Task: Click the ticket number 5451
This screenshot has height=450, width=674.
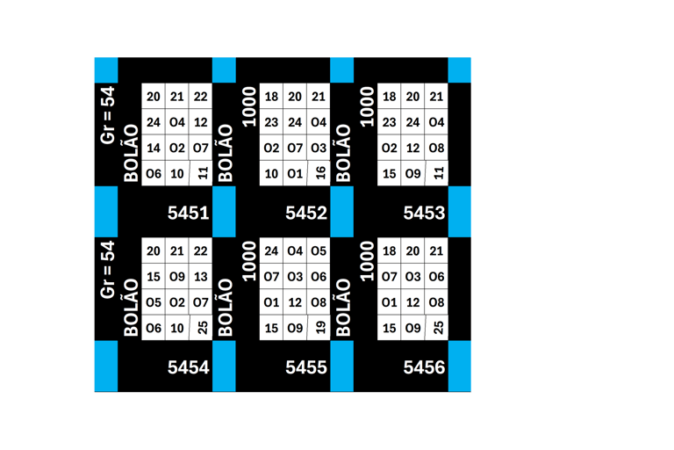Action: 189,213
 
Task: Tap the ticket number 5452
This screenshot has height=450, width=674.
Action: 306,213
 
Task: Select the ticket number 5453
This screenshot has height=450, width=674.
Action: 424,213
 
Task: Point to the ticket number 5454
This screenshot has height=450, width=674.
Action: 189,367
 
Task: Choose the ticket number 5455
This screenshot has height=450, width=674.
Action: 306,367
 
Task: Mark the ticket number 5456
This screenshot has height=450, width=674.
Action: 424,367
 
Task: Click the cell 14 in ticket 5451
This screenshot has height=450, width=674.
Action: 154,149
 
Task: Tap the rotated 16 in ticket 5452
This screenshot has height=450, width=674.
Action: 320,174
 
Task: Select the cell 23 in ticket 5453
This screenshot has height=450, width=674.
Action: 390,122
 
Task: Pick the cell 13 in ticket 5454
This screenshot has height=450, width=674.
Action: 201,277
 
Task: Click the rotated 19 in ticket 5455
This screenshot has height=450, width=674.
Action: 320,328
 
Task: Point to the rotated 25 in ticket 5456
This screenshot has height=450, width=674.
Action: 438,328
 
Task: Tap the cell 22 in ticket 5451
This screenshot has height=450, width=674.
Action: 201,97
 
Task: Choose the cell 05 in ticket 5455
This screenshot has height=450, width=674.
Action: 319,251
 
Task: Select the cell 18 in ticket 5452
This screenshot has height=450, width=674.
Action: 272,97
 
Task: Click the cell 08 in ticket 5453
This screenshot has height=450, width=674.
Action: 437,149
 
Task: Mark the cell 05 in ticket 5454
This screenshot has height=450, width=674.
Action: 154,302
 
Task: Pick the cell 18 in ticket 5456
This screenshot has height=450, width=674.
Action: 390,251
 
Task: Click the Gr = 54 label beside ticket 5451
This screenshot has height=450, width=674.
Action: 107,114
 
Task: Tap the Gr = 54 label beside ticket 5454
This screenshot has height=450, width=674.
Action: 107,269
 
